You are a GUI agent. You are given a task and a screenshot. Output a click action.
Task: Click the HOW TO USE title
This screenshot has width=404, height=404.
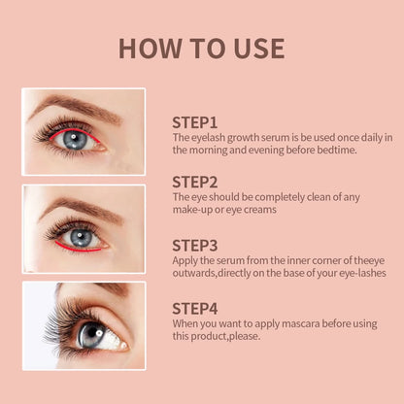[x=201, y=49]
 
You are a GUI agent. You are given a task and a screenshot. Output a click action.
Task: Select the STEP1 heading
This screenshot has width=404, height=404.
[x=194, y=122]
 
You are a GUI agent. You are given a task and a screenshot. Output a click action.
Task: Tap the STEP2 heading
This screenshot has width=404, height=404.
[x=195, y=182]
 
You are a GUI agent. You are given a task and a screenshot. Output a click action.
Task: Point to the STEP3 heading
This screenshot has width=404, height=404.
[x=195, y=245]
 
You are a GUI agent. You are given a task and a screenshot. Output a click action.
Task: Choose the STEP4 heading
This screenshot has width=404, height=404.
[x=195, y=308]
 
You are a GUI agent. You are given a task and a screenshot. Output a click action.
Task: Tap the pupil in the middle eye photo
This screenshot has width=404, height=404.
[x=80, y=236]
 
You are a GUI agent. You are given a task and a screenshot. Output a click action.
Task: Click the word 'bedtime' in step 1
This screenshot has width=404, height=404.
[x=333, y=150]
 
